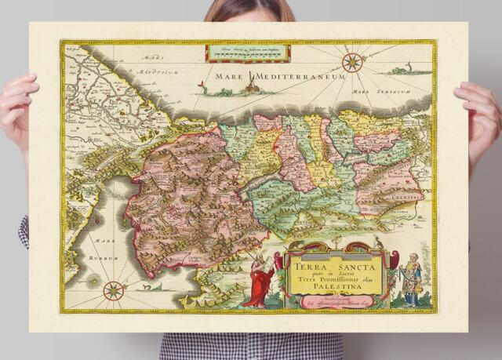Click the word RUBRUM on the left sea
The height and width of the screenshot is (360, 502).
[103, 257]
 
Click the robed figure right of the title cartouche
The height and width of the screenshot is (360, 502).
[409, 278]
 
